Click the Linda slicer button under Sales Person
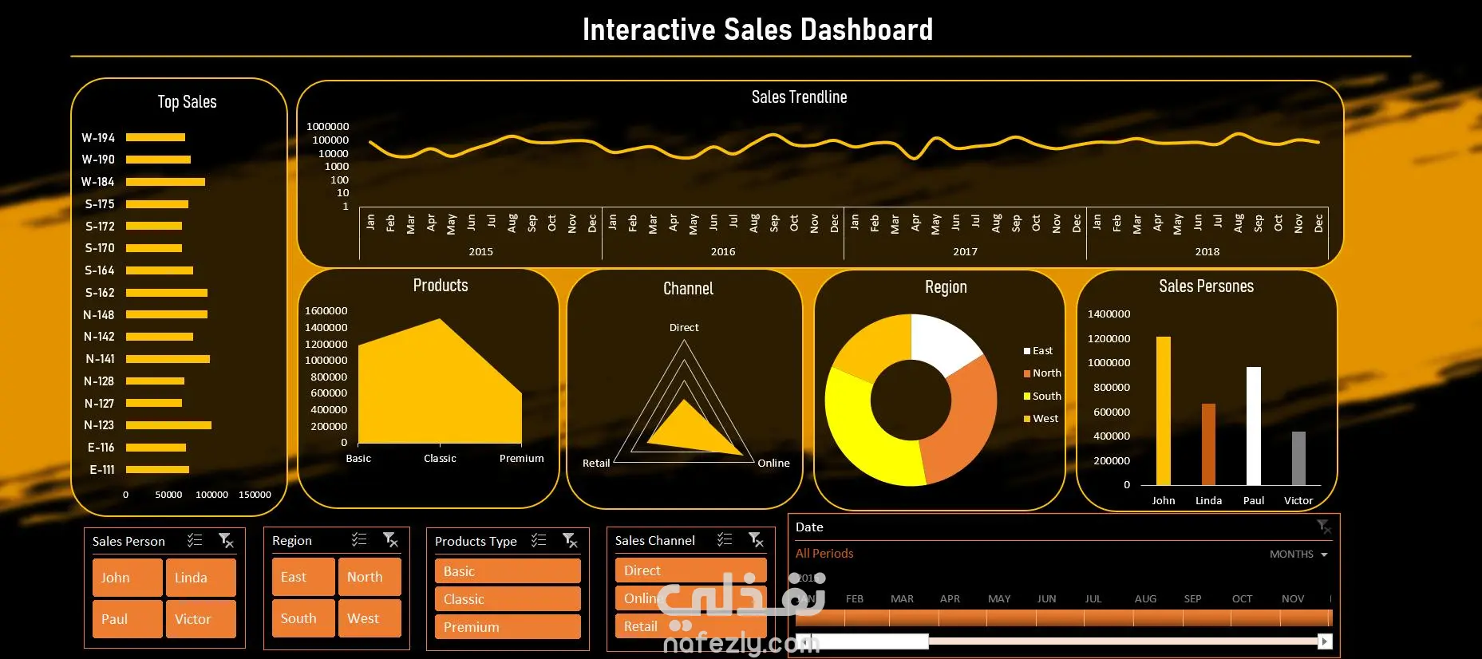[200, 578]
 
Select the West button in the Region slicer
[369, 618]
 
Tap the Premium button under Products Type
[507, 627]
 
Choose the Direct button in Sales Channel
[690, 570]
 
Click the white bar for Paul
[1254, 426]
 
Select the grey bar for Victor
[1298, 458]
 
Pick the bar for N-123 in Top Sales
[168, 425]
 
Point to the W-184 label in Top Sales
[98, 182]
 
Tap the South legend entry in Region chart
[1046, 396]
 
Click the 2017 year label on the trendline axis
[965, 251]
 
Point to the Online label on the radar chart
[773, 463]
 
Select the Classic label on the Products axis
[440, 458]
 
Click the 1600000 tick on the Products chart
[326, 310]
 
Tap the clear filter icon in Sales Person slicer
[227, 541]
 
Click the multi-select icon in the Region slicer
[359, 540]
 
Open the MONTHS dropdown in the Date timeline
[1298, 554]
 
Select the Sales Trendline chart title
[799, 97]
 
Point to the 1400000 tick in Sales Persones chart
[1109, 314]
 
